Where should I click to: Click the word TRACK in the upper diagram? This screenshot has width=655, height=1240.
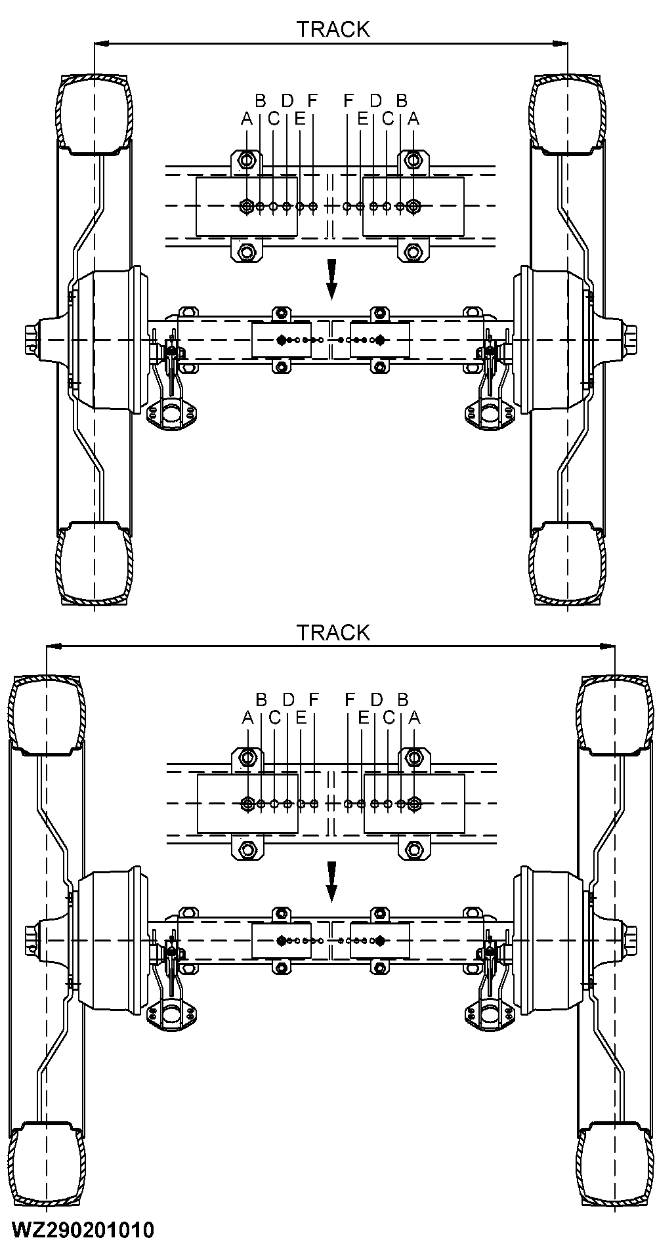pyautogui.click(x=333, y=30)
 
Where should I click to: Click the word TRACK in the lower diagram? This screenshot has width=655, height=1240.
pyautogui.click(x=333, y=632)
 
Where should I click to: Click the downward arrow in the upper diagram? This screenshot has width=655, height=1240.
pyautogui.click(x=332, y=279)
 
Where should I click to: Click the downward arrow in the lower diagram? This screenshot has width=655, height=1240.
pyautogui.click(x=332, y=881)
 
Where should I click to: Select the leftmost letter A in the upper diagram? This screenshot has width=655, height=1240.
pyautogui.click(x=247, y=119)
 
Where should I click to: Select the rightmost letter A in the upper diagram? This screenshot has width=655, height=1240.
pyautogui.click(x=413, y=119)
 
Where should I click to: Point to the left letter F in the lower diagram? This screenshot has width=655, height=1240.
pyautogui.click(x=314, y=699)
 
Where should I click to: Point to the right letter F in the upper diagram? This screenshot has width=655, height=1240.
pyautogui.click(x=349, y=100)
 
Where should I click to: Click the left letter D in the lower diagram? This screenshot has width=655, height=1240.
pyautogui.click(x=288, y=699)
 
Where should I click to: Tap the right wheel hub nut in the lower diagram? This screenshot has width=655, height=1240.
pyautogui.click(x=631, y=940)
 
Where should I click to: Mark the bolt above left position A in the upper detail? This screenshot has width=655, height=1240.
pyautogui.click(x=247, y=160)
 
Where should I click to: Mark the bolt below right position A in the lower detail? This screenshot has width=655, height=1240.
pyautogui.click(x=413, y=850)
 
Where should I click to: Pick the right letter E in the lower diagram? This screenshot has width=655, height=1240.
pyautogui.click(x=363, y=717)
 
